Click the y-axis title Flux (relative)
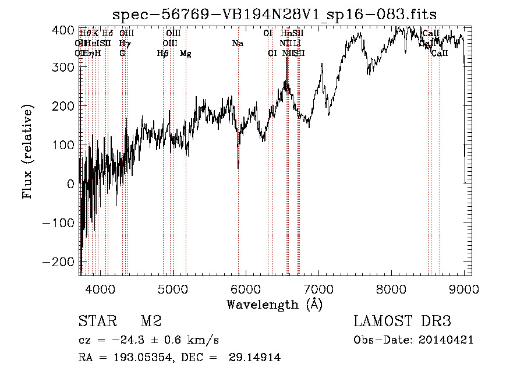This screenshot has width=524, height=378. (27, 151)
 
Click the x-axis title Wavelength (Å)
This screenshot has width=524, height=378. (274, 304)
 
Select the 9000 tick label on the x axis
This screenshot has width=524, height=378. (463, 289)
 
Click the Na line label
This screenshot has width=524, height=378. (238, 44)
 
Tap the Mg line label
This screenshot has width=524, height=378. (186, 54)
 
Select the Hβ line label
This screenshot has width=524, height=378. (163, 54)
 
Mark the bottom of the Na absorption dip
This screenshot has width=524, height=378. (238, 168)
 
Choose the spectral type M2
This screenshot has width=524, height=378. (150, 322)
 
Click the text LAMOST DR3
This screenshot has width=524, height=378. (402, 322)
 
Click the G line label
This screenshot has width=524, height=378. (122, 54)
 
